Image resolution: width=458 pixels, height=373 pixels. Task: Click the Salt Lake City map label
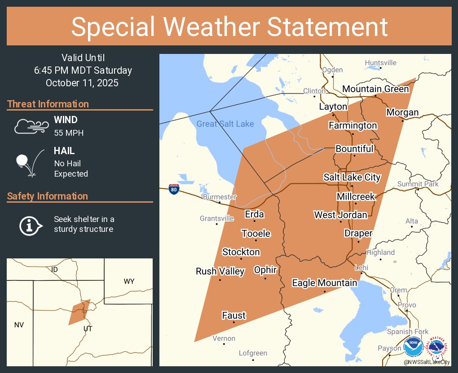pos(352,177)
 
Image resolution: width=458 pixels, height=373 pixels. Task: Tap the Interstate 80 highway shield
pos(174,189)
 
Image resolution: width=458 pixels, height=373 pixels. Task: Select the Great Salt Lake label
pos(225,124)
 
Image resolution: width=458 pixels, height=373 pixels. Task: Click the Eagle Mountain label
pos(324,283)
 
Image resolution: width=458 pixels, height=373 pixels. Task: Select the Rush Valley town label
pos(220,271)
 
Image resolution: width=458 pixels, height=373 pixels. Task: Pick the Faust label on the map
pos(234,315)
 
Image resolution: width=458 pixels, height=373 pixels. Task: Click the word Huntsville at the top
pos(380,62)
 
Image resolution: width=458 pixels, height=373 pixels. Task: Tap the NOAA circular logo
pos(413,347)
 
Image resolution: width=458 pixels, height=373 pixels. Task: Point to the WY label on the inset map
pos(129,281)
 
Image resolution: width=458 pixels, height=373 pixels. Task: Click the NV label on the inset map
pos(19,324)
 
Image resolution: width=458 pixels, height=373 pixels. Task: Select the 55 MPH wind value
pos(69,133)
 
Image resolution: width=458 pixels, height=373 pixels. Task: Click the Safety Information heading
pos(48,196)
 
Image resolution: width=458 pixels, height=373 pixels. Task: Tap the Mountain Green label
pos(375,89)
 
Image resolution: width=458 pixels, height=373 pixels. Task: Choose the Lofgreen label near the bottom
pos(253,353)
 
